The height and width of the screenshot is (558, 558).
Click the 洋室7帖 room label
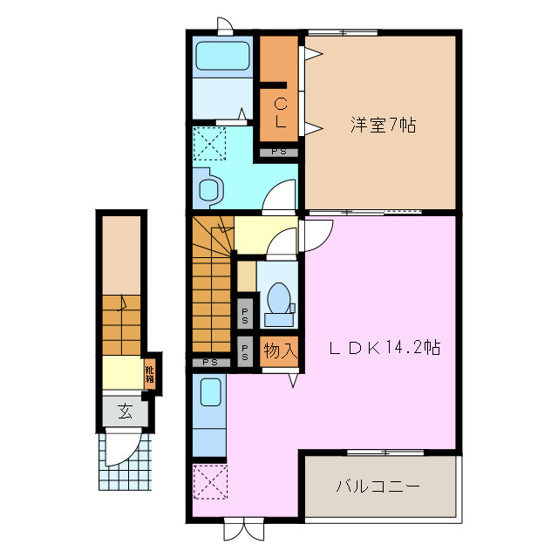pyautogui.click(x=383, y=125)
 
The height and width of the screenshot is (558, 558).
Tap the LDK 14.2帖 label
pyautogui.click(x=384, y=347)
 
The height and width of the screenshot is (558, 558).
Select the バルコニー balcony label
pyautogui.click(x=378, y=486)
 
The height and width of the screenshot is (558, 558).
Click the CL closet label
pyautogui.click(x=280, y=113)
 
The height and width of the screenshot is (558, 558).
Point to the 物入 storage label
pyautogui.click(x=281, y=351)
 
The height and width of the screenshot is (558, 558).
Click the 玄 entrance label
pyautogui.click(x=125, y=411)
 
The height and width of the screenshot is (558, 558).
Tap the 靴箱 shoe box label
pyautogui.click(x=150, y=374)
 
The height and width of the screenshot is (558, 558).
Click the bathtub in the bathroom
pyautogui.click(x=222, y=57)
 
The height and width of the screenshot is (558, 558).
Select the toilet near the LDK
pyautogui.click(x=280, y=299)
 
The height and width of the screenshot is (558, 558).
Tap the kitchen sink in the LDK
pyautogui.click(x=209, y=394)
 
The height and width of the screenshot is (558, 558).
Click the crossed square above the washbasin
pyautogui.click(x=209, y=144)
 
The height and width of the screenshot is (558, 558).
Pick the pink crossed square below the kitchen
pyautogui.click(x=209, y=482)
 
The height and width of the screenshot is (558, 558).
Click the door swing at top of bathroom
pyautogui.click(x=226, y=26)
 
